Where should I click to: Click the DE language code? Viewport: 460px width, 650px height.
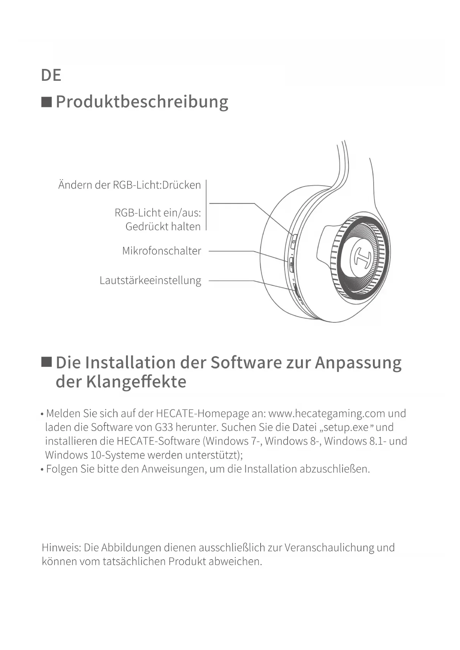pyautogui.click(x=51, y=75)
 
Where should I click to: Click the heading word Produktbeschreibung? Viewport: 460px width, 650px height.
pyautogui.click(x=142, y=102)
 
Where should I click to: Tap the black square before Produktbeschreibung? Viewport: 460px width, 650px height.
pyautogui.click(x=46, y=102)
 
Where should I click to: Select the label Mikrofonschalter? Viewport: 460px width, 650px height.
pyautogui.click(x=162, y=251)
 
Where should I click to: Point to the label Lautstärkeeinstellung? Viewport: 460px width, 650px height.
pyautogui.click(x=150, y=281)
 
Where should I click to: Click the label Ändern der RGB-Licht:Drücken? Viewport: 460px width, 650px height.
pyautogui.click(x=129, y=185)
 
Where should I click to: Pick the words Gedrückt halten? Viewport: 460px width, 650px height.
pyautogui.click(x=163, y=226)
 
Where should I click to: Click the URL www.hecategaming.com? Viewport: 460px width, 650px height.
pyautogui.click(x=327, y=413)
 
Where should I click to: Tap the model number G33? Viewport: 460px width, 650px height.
pyautogui.click(x=164, y=427)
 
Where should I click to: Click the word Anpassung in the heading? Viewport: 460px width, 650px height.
pyautogui.click(x=358, y=363)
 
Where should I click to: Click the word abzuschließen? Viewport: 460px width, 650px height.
pyautogui.click(x=334, y=469)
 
